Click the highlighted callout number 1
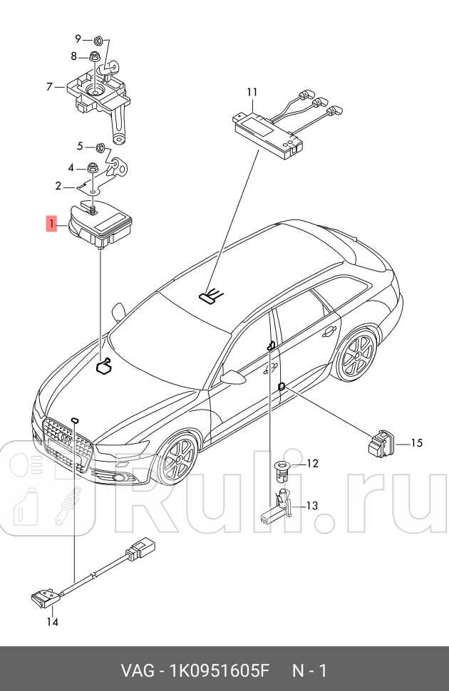click(51, 224)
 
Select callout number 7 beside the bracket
click(50, 87)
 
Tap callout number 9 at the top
click(79, 38)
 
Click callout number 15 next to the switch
click(416, 443)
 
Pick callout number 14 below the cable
click(52, 621)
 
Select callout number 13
click(311, 506)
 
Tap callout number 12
click(311, 464)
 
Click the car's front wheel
click(176, 461)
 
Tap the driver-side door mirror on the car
click(232, 377)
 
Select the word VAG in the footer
click(135, 671)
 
